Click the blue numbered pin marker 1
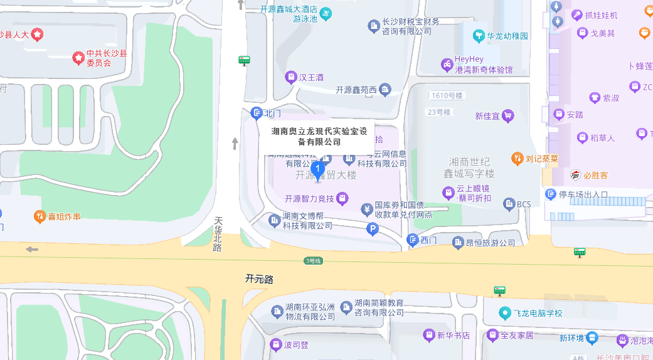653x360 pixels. (317, 169)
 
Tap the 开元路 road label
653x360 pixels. (260, 278)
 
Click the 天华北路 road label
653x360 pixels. (218, 234)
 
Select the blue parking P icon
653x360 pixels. (372, 230)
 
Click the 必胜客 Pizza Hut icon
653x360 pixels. (575, 175)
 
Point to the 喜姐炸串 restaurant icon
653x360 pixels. (40, 216)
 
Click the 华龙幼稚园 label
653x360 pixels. (507, 36)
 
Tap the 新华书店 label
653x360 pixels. (454, 335)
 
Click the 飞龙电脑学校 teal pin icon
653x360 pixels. (504, 312)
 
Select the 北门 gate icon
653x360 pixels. (256, 113)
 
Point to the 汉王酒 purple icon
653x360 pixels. (290, 77)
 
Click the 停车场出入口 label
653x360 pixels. (583, 194)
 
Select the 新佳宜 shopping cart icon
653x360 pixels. (507, 115)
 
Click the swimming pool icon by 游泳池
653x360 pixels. (325, 13)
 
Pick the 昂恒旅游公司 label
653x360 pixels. (491, 242)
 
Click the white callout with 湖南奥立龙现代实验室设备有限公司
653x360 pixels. (316, 137)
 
